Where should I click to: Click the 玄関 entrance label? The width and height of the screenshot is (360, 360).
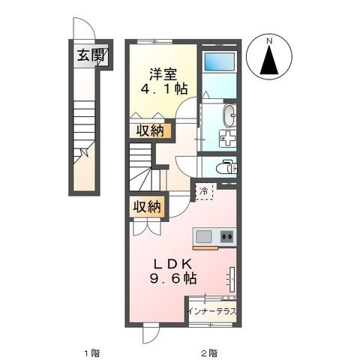(89, 55)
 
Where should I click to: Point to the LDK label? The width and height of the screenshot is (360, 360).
(175, 263)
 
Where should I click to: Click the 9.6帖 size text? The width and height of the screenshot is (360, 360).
(176, 278)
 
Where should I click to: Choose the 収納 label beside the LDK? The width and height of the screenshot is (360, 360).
(146, 206)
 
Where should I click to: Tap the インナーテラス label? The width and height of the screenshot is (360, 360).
(211, 309)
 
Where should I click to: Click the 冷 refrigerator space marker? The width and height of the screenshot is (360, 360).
(204, 191)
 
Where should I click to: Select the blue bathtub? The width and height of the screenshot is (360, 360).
(219, 63)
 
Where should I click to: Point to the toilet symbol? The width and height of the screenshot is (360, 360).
(226, 167)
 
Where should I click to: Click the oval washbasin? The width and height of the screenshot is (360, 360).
(229, 115)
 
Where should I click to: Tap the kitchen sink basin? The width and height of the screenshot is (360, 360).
(205, 237)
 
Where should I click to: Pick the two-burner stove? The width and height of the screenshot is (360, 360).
(226, 237)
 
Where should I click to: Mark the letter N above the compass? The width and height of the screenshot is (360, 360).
(270, 40)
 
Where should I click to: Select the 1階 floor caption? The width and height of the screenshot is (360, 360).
(91, 352)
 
